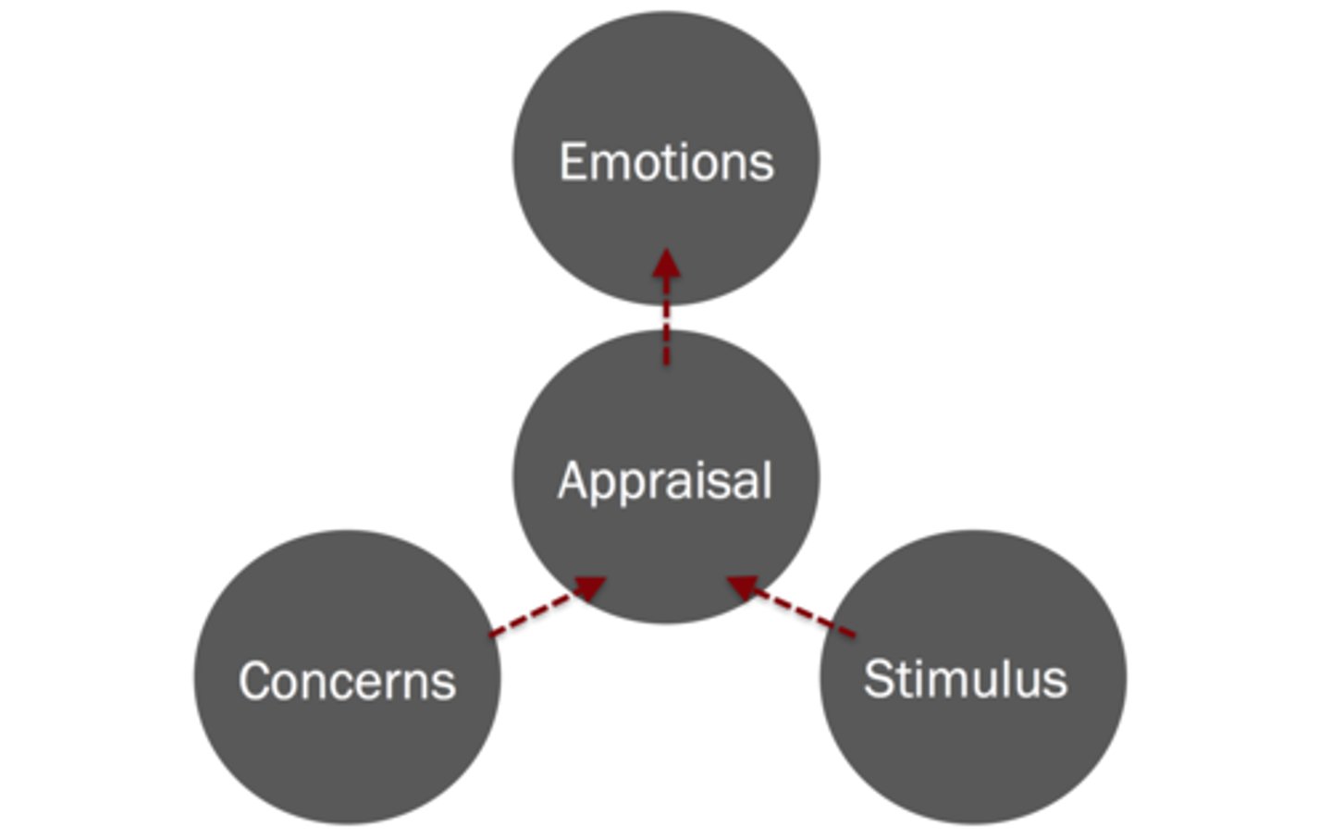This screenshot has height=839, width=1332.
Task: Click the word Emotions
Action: click(x=666, y=163)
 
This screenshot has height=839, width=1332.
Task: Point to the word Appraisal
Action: click(x=665, y=481)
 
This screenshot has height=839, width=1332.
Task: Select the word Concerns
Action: click(x=347, y=682)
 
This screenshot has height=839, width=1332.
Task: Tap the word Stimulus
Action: click(x=965, y=679)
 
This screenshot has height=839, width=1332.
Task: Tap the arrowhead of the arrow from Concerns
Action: click(x=590, y=586)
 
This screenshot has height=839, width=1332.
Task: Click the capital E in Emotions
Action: click(x=573, y=163)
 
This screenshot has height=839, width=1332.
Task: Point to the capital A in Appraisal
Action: click(x=573, y=480)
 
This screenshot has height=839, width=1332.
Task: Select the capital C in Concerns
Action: click(x=256, y=682)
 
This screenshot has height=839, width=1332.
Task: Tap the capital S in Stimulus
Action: click(x=880, y=679)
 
